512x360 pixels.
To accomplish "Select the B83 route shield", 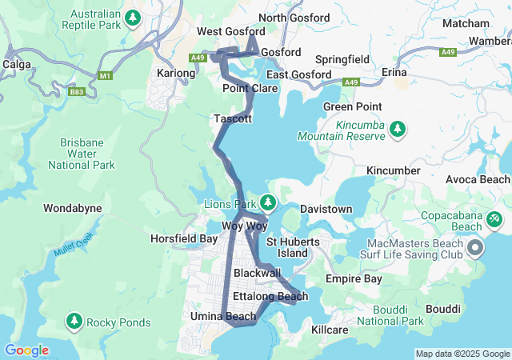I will point(76,92).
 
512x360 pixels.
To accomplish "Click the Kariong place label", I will point(176,73).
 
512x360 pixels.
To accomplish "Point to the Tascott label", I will point(233,118).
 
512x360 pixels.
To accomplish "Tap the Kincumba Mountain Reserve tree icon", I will point(398,129).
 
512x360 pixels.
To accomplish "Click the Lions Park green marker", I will point(268,202).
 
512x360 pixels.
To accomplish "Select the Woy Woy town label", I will point(244,226).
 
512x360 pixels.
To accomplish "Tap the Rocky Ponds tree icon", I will point(74,322).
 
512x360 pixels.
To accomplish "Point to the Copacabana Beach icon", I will point(494,218).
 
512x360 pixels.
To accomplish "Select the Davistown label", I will point(326,209).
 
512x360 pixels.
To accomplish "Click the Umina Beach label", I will point(223,317).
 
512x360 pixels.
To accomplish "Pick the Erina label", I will point(394,72).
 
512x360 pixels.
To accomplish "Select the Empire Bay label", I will point(354,279).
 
